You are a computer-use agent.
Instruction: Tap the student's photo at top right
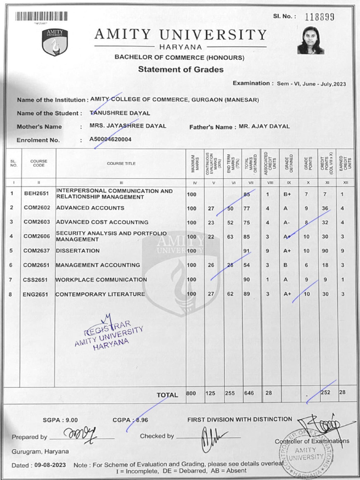point(311,41)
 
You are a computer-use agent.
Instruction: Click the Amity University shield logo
point(54,42)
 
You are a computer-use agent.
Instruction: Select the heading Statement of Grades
point(181,70)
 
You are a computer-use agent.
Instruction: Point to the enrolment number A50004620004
point(111,140)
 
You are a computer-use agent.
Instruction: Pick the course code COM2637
point(38,251)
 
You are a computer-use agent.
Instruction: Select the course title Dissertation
point(78,251)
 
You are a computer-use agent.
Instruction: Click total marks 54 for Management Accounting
point(248,265)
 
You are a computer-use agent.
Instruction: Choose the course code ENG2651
point(38,294)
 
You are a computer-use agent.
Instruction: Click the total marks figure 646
point(249,393)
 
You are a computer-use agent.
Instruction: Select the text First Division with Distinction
point(240,419)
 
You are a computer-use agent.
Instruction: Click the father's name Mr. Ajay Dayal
point(264,126)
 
